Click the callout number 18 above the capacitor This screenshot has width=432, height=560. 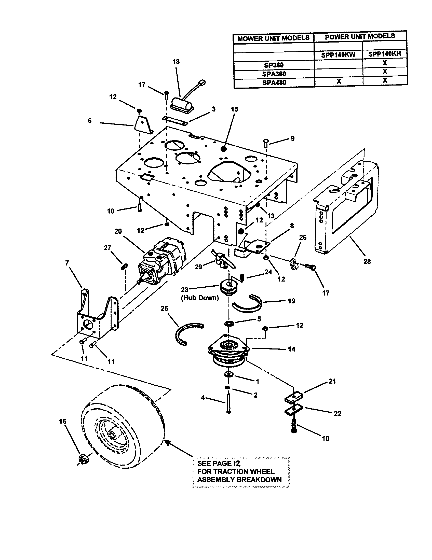(176, 62)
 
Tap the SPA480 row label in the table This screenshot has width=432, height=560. (274, 82)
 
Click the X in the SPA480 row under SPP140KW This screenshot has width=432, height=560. (339, 81)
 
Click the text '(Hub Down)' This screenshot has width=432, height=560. (200, 298)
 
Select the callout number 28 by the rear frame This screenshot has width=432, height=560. (367, 261)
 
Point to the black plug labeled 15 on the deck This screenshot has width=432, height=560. (224, 149)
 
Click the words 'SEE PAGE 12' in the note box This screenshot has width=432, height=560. (219, 463)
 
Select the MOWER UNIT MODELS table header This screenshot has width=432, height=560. (273, 38)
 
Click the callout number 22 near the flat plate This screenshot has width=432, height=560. (337, 413)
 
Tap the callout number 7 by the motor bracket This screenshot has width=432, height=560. (67, 263)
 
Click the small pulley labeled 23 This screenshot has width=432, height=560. (229, 287)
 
